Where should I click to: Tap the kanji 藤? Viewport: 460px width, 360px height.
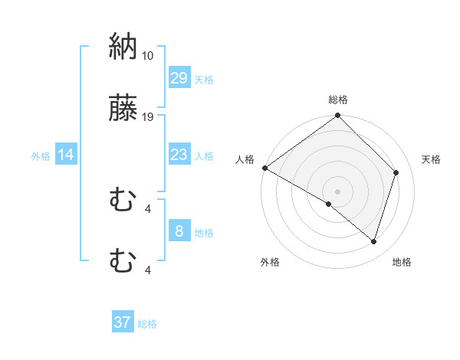pos(123,109)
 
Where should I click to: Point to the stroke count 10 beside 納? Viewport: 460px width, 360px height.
pos(148,56)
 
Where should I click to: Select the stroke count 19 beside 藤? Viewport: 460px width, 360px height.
pos(148,117)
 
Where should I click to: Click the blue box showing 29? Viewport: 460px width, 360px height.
pos(179,78)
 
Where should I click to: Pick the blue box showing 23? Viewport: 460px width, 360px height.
pos(179,155)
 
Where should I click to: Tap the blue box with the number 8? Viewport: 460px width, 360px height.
pos(179,231)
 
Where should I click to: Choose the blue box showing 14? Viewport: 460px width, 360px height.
pos(66,155)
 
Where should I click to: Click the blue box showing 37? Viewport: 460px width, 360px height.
pos(123,322)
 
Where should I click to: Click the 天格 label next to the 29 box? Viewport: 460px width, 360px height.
pos(204,80)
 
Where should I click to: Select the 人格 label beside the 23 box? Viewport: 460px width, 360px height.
pos(204,156)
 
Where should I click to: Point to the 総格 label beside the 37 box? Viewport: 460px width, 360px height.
pos(147,324)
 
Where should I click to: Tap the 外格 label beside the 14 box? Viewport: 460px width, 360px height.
pos(41,156)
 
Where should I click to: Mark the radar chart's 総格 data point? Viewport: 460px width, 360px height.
pos(337,116)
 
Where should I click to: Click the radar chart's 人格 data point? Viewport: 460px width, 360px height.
pos(264,168)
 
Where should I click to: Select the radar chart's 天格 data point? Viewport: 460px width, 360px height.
pos(396,172)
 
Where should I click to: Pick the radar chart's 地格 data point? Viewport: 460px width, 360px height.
pos(374,241)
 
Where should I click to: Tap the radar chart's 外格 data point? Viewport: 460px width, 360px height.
pos(329,204)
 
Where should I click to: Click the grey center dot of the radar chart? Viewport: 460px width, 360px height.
pos(337,191)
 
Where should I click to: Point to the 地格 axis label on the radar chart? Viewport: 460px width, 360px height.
pos(402,262)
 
